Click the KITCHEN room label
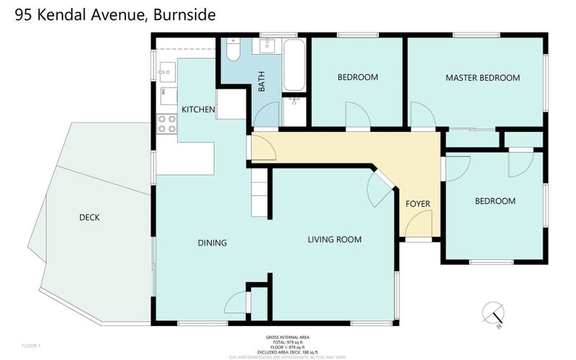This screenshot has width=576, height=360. pos(198,109)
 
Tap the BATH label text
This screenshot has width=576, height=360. pos(262,81)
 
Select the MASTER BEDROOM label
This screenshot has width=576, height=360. pos(482,78)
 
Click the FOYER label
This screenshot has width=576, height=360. pos(418,204)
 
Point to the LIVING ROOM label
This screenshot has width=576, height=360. pos(334,240)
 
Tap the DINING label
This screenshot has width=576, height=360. pos(212,243)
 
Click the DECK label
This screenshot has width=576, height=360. pos(89,217)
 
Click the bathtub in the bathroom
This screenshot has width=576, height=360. pos(294,66)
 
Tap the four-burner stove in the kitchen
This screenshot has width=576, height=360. pos(167,124)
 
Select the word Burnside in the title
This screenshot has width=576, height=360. pos(184,14)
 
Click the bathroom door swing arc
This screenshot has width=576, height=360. pos(266,115)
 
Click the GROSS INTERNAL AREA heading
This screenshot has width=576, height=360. pos(287,337)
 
